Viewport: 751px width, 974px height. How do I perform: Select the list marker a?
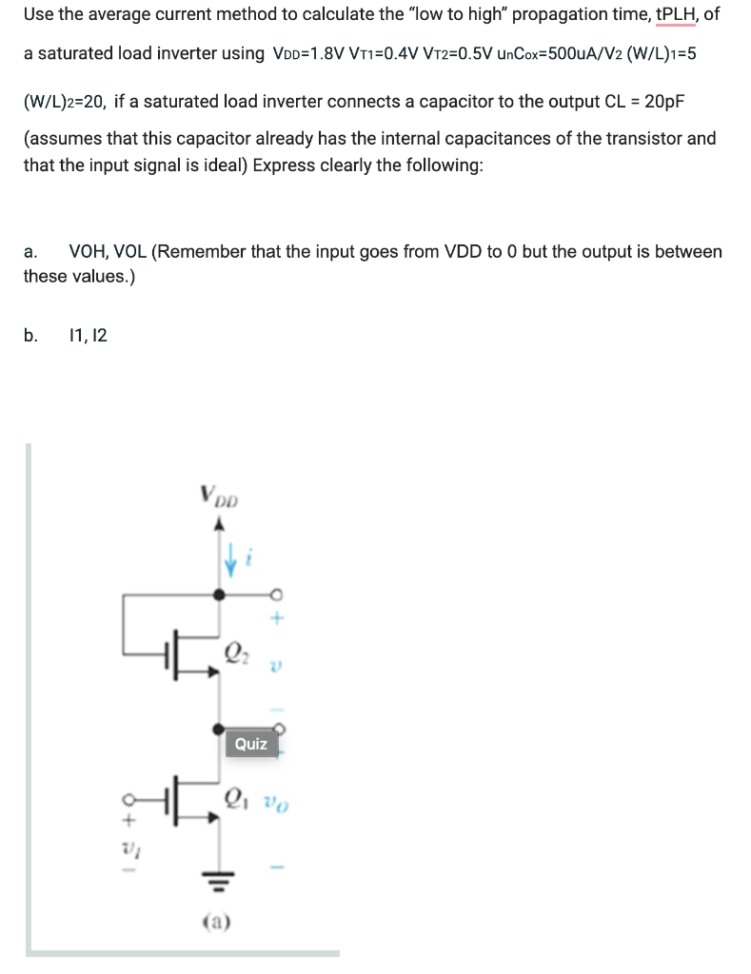click(x=30, y=252)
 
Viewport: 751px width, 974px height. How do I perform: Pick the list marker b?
click(x=31, y=334)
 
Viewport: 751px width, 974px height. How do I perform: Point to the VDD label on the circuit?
click(x=222, y=496)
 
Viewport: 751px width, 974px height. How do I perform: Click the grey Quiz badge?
click(x=250, y=743)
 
